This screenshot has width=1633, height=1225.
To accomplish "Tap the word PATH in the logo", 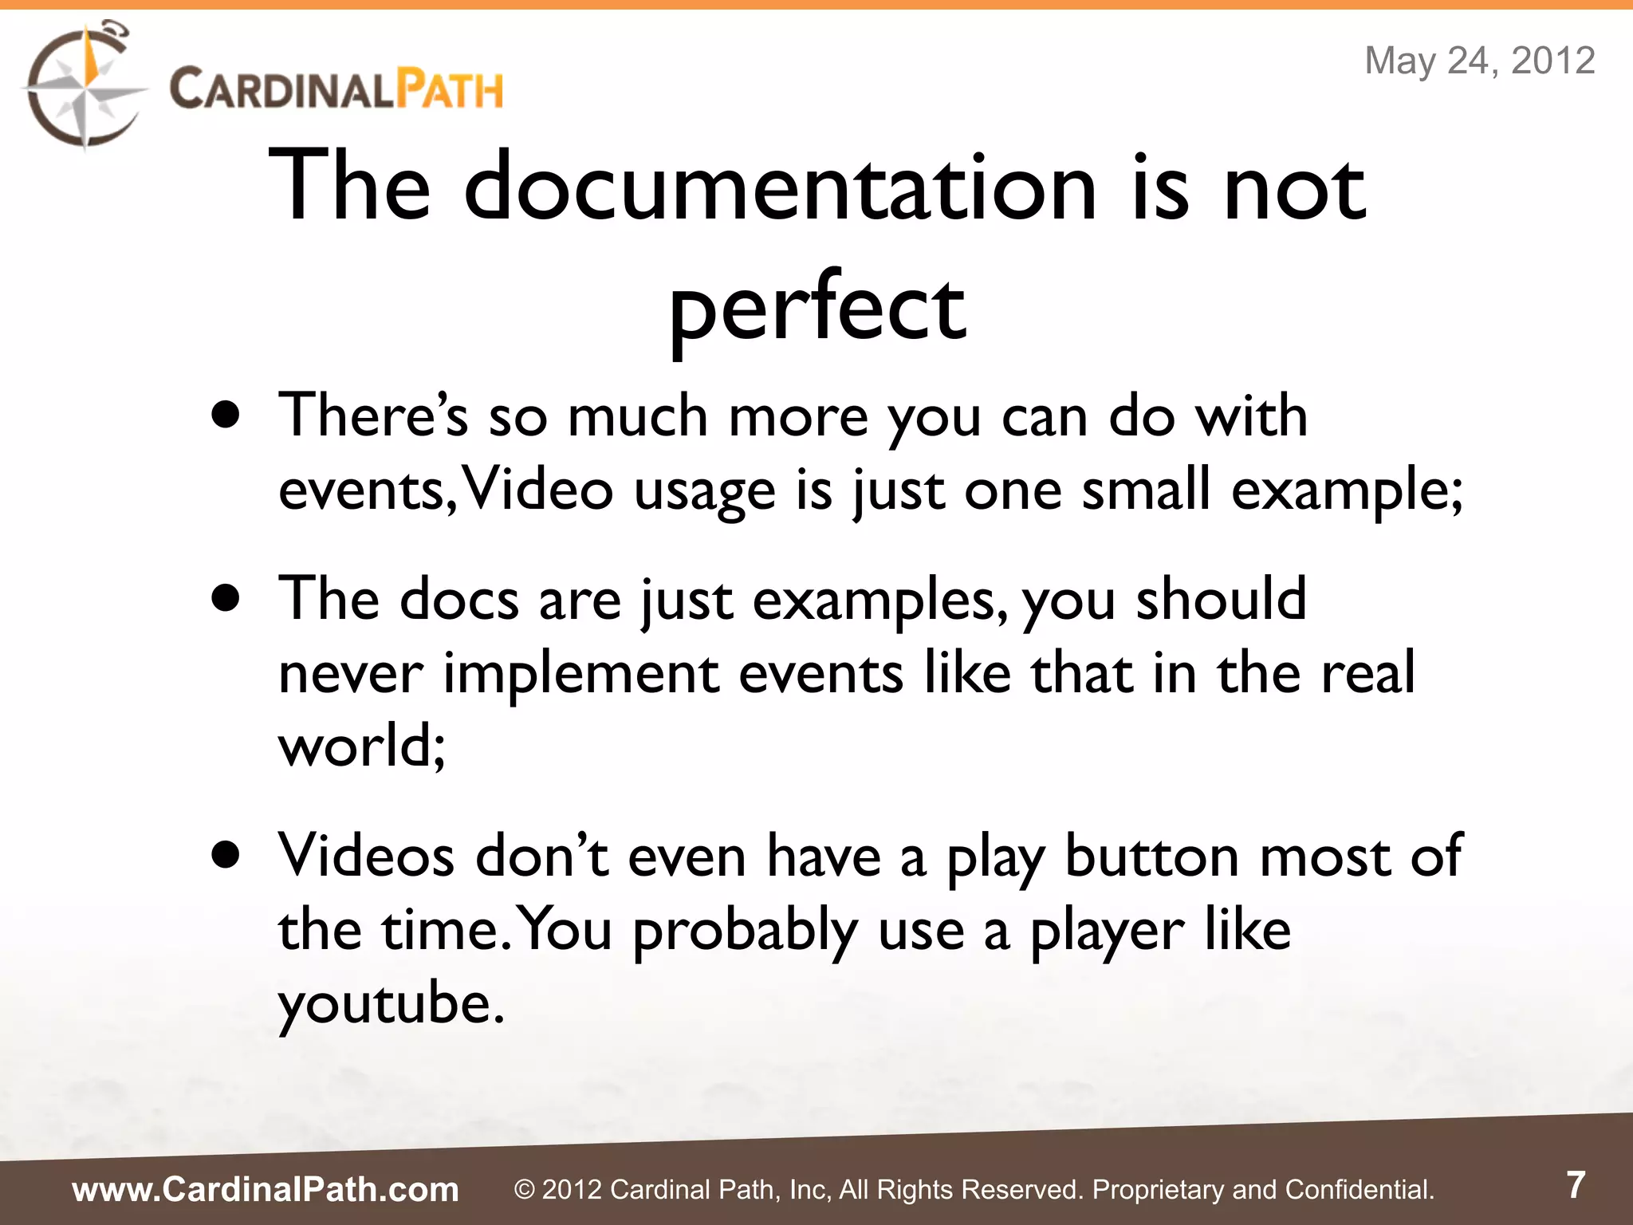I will point(451,89).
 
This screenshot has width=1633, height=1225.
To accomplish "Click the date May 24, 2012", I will point(1480,61).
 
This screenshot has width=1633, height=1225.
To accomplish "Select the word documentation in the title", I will point(780,188).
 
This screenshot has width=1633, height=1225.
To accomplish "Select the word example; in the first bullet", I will point(1347,490).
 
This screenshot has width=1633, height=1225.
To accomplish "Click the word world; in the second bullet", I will point(361,746).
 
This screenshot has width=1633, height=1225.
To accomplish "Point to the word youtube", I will point(391,1003).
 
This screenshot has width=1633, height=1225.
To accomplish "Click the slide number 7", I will point(1576,1185).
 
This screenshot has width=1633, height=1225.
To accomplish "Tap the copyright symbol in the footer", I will point(524,1190).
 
